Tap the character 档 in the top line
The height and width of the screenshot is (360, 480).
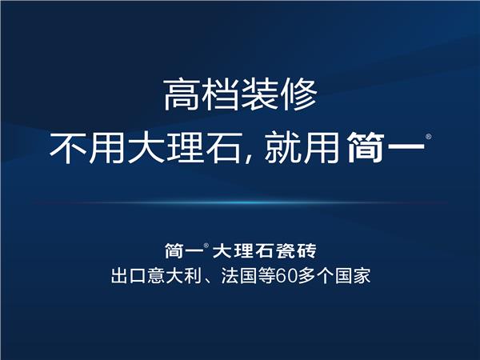[x=221, y=94]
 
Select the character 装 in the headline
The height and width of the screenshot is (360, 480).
[x=260, y=94]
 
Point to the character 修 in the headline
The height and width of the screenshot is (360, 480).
[x=298, y=94]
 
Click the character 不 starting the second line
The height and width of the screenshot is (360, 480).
[x=68, y=148]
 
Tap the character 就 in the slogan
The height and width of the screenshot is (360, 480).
[x=283, y=148]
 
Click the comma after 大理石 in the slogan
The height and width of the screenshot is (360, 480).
[x=248, y=159]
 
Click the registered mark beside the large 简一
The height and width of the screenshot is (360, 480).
[x=429, y=137]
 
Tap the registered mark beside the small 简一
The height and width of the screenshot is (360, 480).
[x=206, y=246]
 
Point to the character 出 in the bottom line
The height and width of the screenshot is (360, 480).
[x=119, y=275]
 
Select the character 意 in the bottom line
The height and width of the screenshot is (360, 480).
[x=156, y=275]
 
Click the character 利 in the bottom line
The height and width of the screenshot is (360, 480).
[x=193, y=275]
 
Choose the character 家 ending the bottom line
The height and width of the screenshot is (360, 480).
[x=362, y=275]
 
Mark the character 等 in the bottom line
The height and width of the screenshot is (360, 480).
[x=266, y=275]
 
